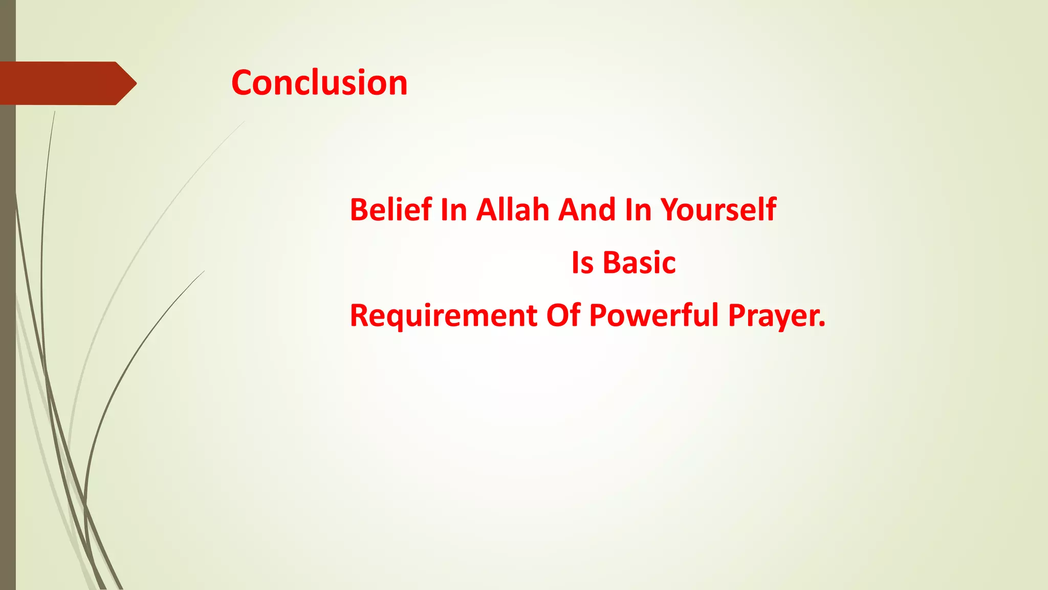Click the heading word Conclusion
(x=319, y=83)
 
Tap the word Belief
(x=390, y=210)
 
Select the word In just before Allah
(x=453, y=210)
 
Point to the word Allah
(x=513, y=210)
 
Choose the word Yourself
(x=718, y=210)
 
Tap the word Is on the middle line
(x=582, y=263)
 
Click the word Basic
(x=639, y=263)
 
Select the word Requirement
(x=443, y=315)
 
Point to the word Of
(x=563, y=315)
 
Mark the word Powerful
(x=654, y=315)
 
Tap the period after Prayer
(x=822, y=324)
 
